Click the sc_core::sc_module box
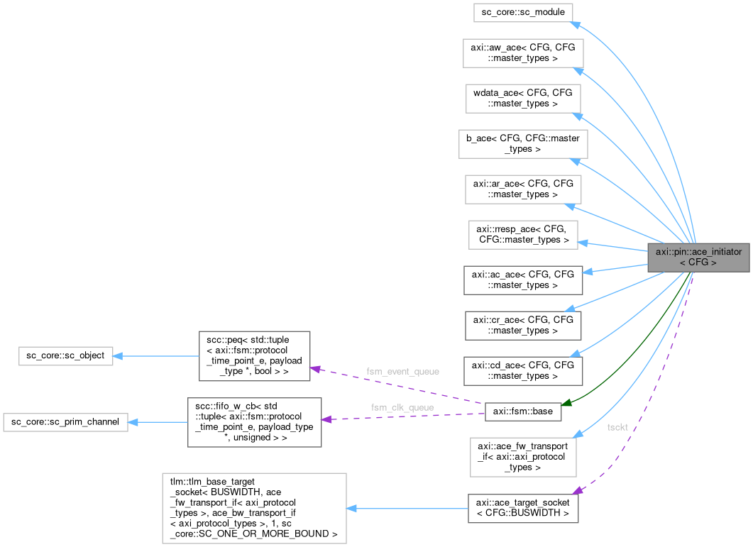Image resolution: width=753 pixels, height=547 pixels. [x=522, y=13]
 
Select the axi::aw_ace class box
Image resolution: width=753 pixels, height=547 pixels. [x=523, y=53]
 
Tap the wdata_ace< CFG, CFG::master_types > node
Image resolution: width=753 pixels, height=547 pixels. [x=523, y=99]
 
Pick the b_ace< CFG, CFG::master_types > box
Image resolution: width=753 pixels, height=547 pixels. [x=523, y=144]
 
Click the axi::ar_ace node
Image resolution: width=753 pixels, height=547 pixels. [x=523, y=189]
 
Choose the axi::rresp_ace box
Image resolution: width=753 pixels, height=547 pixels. [x=523, y=235]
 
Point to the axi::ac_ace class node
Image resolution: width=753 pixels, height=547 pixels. [x=523, y=280]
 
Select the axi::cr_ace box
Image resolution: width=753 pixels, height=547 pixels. [x=523, y=326]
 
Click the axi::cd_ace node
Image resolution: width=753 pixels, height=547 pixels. [x=523, y=371]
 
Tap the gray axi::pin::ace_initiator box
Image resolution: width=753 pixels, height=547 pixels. [x=698, y=257]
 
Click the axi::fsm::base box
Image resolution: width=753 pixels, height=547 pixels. [x=523, y=411]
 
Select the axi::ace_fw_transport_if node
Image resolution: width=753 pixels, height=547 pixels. [x=523, y=457]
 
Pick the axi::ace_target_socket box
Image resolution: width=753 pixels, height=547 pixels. [x=523, y=508]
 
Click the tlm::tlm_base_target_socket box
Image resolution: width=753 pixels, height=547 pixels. [x=254, y=508]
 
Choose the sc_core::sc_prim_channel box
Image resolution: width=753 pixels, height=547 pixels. [x=65, y=422]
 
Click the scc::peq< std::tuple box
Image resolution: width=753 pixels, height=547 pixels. [x=254, y=355]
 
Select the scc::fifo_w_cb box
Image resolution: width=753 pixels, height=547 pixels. [x=254, y=422]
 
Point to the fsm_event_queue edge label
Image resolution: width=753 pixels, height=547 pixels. [x=402, y=371]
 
